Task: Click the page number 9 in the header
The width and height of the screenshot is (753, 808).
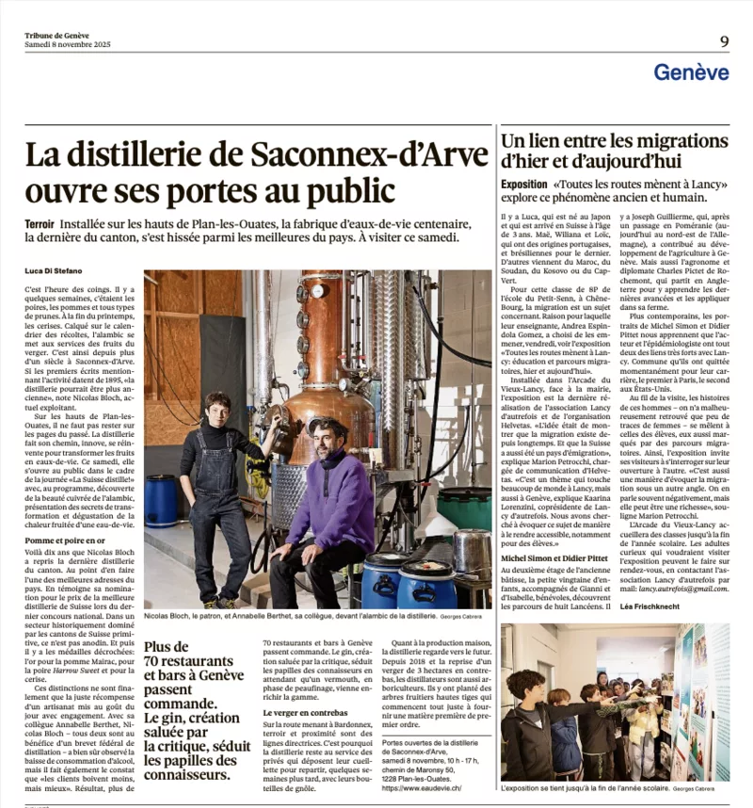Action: (724, 40)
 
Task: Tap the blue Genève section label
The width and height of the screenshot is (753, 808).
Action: (691, 72)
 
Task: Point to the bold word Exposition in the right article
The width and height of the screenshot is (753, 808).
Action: (524, 184)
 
